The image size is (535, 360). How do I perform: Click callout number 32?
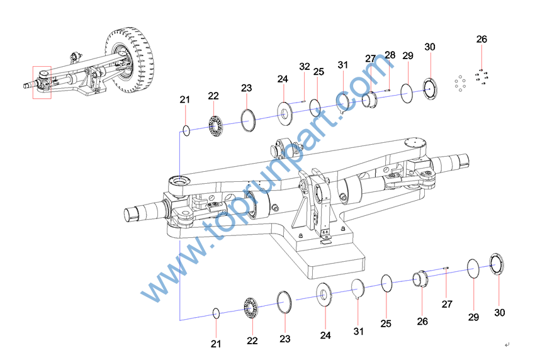coord(305,66)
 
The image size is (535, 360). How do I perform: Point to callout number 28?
coord(390,55)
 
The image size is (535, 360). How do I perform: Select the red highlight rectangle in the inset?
coord(42,82)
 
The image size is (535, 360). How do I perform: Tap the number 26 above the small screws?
coord(481,39)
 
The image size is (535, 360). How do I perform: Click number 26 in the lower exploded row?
coord(422,321)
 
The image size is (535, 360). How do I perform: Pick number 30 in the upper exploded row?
coord(430,47)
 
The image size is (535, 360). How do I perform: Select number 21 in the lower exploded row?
coord(216,344)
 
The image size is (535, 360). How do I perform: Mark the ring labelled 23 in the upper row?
coord(247,119)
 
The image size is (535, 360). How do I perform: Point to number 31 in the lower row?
coord(359,331)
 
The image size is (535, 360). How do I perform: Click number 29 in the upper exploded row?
coord(407,56)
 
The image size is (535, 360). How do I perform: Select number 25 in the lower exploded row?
coord(386,323)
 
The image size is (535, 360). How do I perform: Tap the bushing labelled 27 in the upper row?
coord(369,99)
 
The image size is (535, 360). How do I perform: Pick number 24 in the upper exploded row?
coord(283,79)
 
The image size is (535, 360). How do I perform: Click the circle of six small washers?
coord(461,83)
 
